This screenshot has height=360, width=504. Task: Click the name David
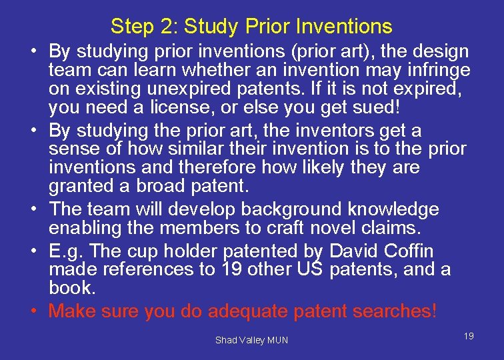click(360, 251)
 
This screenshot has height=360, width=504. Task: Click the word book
click(71, 287)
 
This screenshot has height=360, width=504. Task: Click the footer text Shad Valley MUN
click(251, 340)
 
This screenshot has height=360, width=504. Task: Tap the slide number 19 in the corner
click(469, 336)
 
